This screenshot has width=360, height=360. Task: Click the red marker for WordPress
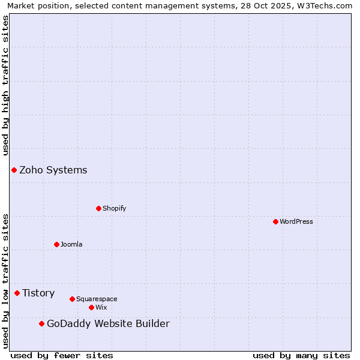pyautogui.click(x=275, y=221)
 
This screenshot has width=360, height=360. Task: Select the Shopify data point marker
pyautogui.click(x=98, y=208)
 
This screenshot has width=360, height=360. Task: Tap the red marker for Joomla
pyautogui.click(x=56, y=244)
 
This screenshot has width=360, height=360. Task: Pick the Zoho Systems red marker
pyautogui.click(x=14, y=170)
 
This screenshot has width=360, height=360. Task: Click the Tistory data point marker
pyautogui.click(x=17, y=293)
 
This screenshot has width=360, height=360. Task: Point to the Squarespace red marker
pyautogui.click(x=72, y=299)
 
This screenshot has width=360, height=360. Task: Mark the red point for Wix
pyautogui.click(x=91, y=307)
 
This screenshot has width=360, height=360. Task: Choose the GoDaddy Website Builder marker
pyautogui.click(x=41, y=323)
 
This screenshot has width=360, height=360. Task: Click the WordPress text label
pyautogui.click(x=296, y=221)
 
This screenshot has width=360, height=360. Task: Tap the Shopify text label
pyautogui.click(x=114, y=208)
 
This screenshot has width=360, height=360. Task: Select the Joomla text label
pyautogui.click(x=71, y=244)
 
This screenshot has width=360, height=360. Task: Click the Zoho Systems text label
pyautogui.click(x=53, y=170)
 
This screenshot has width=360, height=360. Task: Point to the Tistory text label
pyautogui.click(x=38, y=293)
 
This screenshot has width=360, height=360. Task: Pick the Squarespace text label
pyautogui.click(x=97, y=299)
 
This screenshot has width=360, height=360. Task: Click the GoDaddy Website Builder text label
pyautogui.click(x=108, y=323)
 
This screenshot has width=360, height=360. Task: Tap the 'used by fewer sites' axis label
pyautogui.click(x=62, y=355)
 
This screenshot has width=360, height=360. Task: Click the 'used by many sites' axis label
pyautogui.click(x=301, y=355)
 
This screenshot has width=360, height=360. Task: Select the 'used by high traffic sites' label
pyautogui.click(x=5, y=85)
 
